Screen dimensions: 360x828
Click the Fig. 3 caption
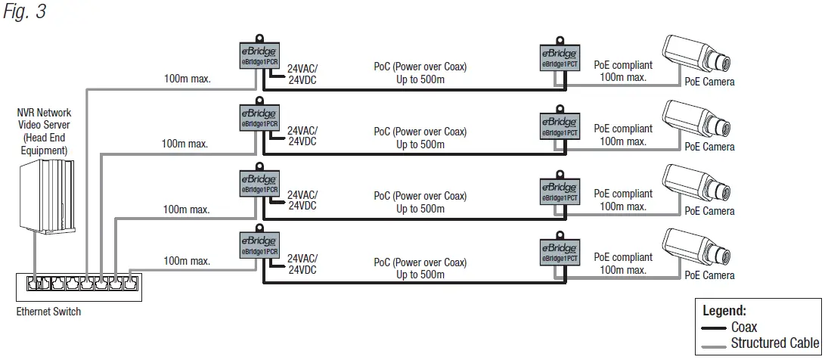tap(24, 13)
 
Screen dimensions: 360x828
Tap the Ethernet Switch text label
tap(48, 312)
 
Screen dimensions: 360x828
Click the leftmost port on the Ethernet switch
tap(34, 284)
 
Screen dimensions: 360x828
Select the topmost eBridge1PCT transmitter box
tap(560, 58)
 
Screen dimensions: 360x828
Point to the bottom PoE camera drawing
tap(697, 248)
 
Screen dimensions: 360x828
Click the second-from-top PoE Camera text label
tap(709, 147)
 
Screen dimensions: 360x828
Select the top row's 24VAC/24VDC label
tap(302, 72)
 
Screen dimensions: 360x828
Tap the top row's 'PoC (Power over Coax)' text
tap(420, 67)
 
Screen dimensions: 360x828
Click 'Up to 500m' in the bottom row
tap(420, 274)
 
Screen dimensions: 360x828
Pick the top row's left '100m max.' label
tap(187, 78)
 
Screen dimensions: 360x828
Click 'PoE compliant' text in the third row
tap(623, 194)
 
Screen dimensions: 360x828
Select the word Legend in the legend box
tap(724, 310)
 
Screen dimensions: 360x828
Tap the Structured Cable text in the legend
tap(774, 343)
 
